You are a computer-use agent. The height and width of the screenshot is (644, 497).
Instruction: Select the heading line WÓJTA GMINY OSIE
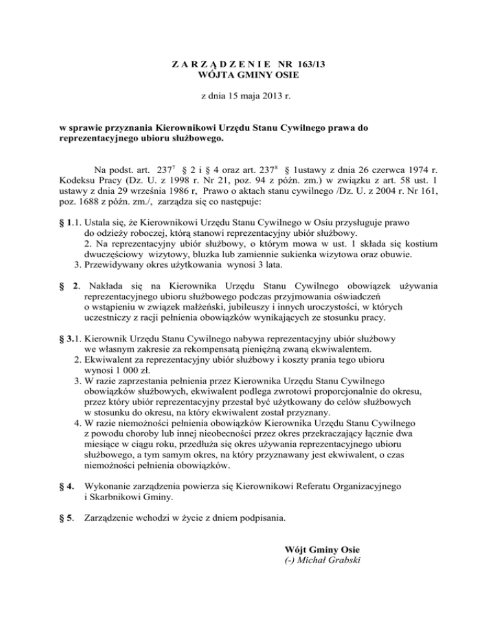[248, 75]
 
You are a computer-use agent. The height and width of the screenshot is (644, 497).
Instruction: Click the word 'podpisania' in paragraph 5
[261, 518]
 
